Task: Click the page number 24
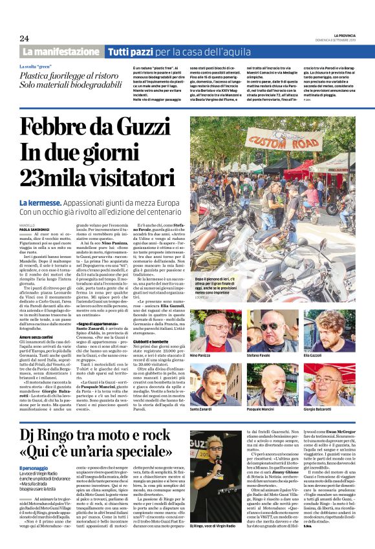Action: click(x=24, y=38)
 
